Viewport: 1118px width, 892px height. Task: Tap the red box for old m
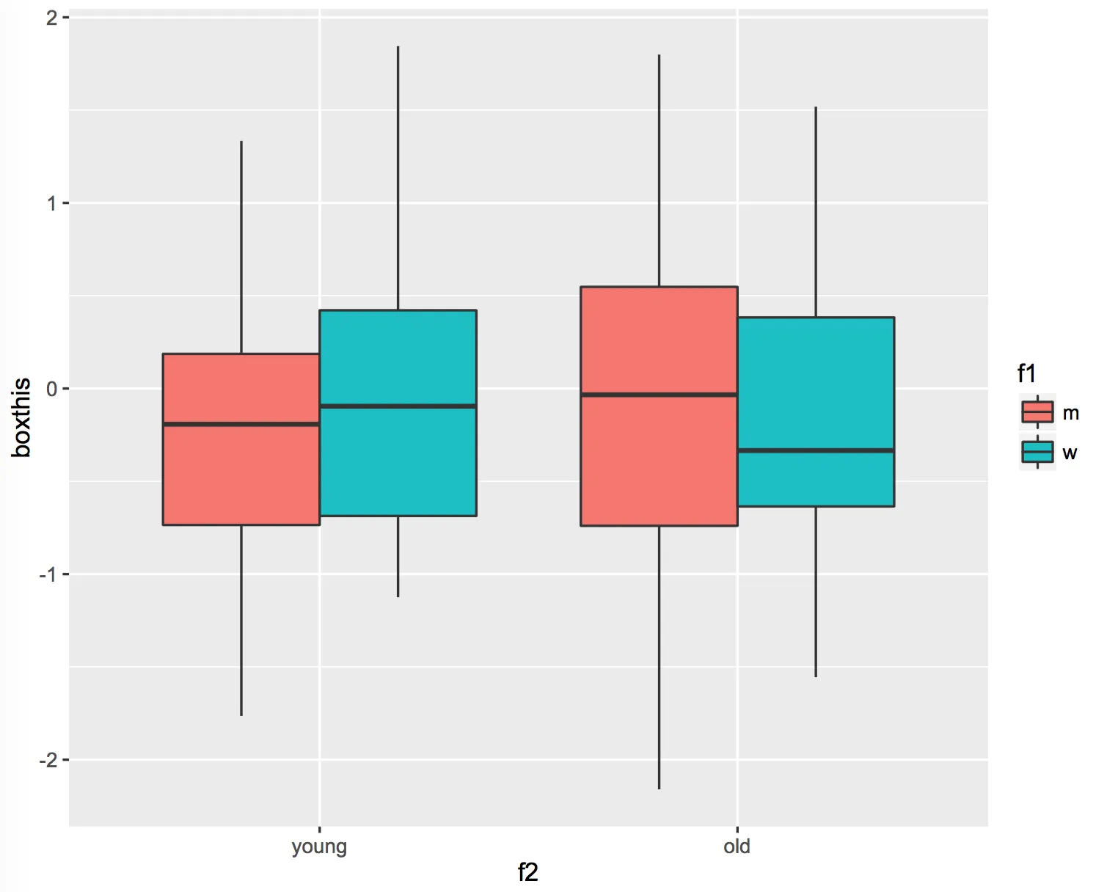pos(659,462)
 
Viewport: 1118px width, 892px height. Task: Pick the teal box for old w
pos(816,381)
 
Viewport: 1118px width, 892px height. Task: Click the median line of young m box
pos(241,424)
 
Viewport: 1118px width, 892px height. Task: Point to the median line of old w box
pos(816,450)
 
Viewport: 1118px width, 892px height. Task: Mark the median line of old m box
pos(659,395)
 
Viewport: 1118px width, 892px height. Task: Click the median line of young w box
pos(398,406)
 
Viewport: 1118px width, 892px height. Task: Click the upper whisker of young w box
pos(398,176)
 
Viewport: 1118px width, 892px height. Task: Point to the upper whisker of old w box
pos(816,213)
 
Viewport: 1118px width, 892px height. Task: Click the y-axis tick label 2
pos(51,18)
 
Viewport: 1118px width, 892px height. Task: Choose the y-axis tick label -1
pos(48,574)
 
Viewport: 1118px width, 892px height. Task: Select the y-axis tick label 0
pos(51,389)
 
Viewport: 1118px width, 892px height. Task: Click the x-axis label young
pos(319,847)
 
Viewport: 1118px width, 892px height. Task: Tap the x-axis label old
pos(737,847)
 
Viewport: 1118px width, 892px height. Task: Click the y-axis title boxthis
pos(21,417)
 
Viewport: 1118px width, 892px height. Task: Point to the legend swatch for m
pos(1037,412)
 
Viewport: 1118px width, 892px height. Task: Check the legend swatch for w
pos(1037,452)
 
